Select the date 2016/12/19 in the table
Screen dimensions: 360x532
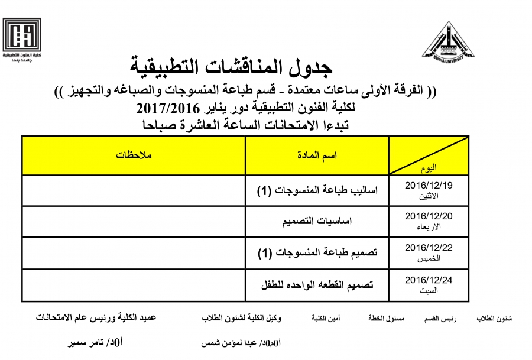(x=429, y=185)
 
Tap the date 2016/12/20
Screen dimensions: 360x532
(x=429, y=216)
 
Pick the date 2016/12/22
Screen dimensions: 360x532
(x=429, y=248)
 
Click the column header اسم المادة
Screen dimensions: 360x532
(x=317, y=155)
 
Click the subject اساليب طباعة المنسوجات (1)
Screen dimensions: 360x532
(x=317, y=190)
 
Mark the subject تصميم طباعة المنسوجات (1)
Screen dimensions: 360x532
(x=317, y=253)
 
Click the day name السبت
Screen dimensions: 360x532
(x=429, y=290)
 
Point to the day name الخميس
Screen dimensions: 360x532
(x=429, y=258)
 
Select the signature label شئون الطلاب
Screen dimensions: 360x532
(x=494, y=319)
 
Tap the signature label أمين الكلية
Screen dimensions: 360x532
(x=326, y=319)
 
